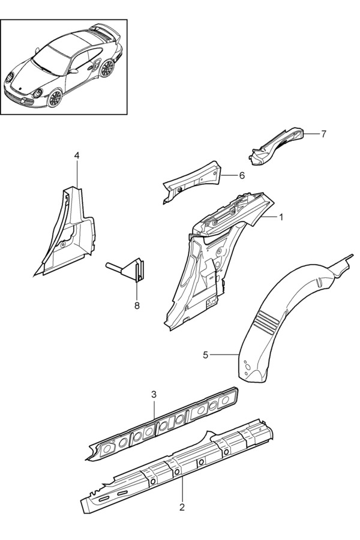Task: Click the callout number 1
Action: pos(281,217)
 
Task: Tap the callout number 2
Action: pos(182,507)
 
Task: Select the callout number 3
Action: pos(154,394)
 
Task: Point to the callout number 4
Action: pos(76,155)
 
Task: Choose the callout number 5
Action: pos(206,355)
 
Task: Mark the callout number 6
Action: pos(242,176)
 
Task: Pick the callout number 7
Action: pos(323,134)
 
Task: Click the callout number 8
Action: pos(137,305)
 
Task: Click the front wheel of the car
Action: pos(55,98)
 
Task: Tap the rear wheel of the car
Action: pos(107,68)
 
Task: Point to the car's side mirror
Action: pos(73,71)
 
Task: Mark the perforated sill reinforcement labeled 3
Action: pos(162,424)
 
